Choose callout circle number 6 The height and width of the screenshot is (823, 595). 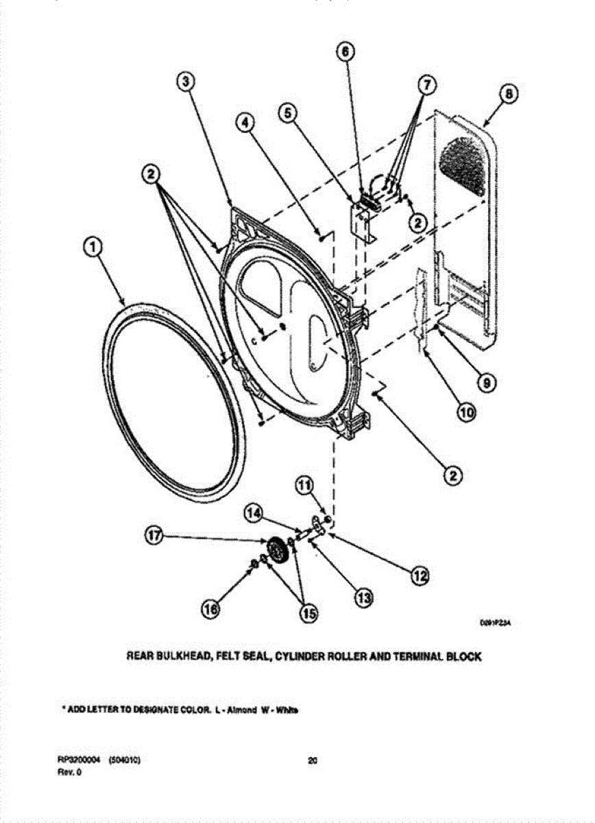click(346, 51)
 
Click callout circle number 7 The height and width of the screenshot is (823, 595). click(426, 84)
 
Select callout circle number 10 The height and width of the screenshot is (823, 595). click(465, 414)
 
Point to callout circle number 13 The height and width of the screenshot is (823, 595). click(363, 598)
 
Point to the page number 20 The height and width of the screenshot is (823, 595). click(313, 760)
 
